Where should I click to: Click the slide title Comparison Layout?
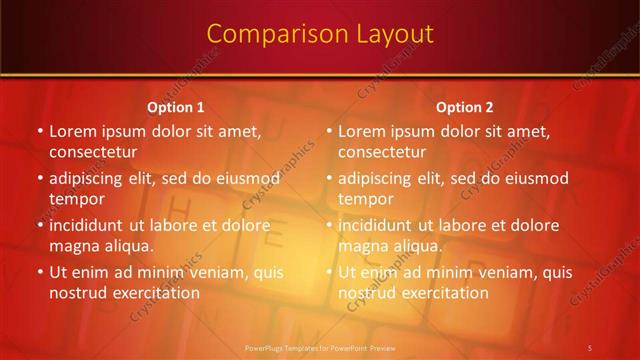pyautogui.click(x=320, y=34)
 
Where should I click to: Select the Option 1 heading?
pyautogui.click(x=176, y=107)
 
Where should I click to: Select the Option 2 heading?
pyautogui.click(x=465, y=107)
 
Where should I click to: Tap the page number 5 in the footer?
pyautogui.click(x=589, y=347)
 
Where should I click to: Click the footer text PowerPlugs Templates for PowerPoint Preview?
pyautogui.click(x=320, y=347)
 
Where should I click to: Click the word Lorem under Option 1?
pyautogui.click(x=74, y=131)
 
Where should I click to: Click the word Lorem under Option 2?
pyautogui.click(x=363, y=131)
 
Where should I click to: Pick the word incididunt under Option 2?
pyautogui.click(x=375, y=225)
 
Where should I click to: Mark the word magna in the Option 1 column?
pyautogui.click(x=72, y=245)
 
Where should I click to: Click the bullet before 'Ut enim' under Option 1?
pyautogui.click(x=40, y=272)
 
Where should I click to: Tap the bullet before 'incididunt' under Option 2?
pyautogui.click(x=329, y=225)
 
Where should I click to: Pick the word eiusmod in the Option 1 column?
pyautogui.click(x=248, y=179)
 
